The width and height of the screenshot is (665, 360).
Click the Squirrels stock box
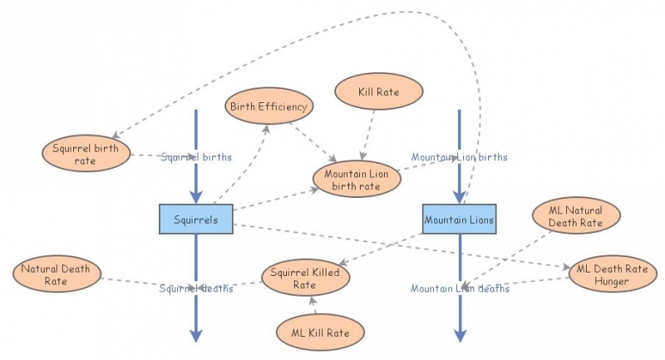[x=195, y=219]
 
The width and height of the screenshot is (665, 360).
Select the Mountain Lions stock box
[x=459, y=219]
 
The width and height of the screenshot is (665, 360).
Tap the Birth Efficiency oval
[x=267, y=106]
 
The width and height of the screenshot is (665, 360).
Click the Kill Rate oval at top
[x=379, y=91]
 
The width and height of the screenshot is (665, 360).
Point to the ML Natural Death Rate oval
[x=575, y=216]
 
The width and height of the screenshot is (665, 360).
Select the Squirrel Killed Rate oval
[x=305, y=278]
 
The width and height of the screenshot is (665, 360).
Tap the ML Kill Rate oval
[x=320, y=333]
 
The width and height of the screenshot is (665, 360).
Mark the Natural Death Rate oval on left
[x=57, y=275]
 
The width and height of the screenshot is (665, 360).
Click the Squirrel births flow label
[x=196, y=156]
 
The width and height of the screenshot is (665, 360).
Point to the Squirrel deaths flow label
[x=196, y=288]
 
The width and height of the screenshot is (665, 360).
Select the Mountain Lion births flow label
[x=459, y=156]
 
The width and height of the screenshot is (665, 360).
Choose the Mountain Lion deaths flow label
[x=460, y=288]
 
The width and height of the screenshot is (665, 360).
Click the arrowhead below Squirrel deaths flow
[x=196, y=335]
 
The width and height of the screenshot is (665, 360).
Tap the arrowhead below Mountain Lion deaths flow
[x=459, y=335]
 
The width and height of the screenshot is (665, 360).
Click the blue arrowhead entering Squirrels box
[x=196, y=197]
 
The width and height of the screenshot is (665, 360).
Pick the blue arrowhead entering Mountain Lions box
[x=459, y=197]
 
